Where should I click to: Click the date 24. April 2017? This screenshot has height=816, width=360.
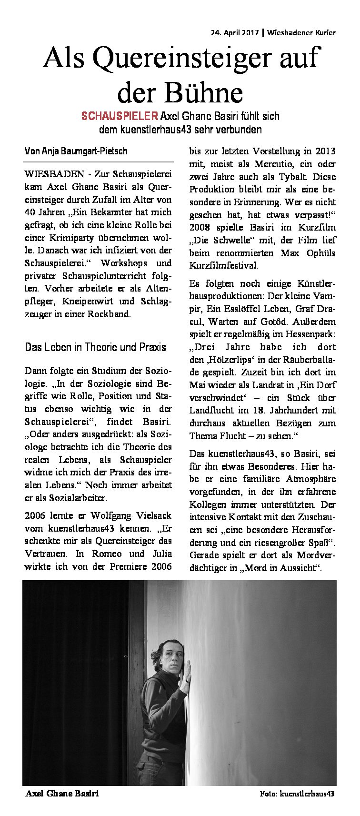point(235,33)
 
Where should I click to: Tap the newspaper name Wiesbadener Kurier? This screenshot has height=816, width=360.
point(301,33)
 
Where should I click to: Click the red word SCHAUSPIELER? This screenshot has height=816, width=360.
point(120,116)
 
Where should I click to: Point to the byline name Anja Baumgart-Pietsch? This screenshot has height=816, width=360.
point(82,151)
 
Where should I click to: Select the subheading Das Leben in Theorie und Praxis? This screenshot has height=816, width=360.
point(95,347)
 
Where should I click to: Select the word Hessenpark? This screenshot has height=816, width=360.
point(309,334)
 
